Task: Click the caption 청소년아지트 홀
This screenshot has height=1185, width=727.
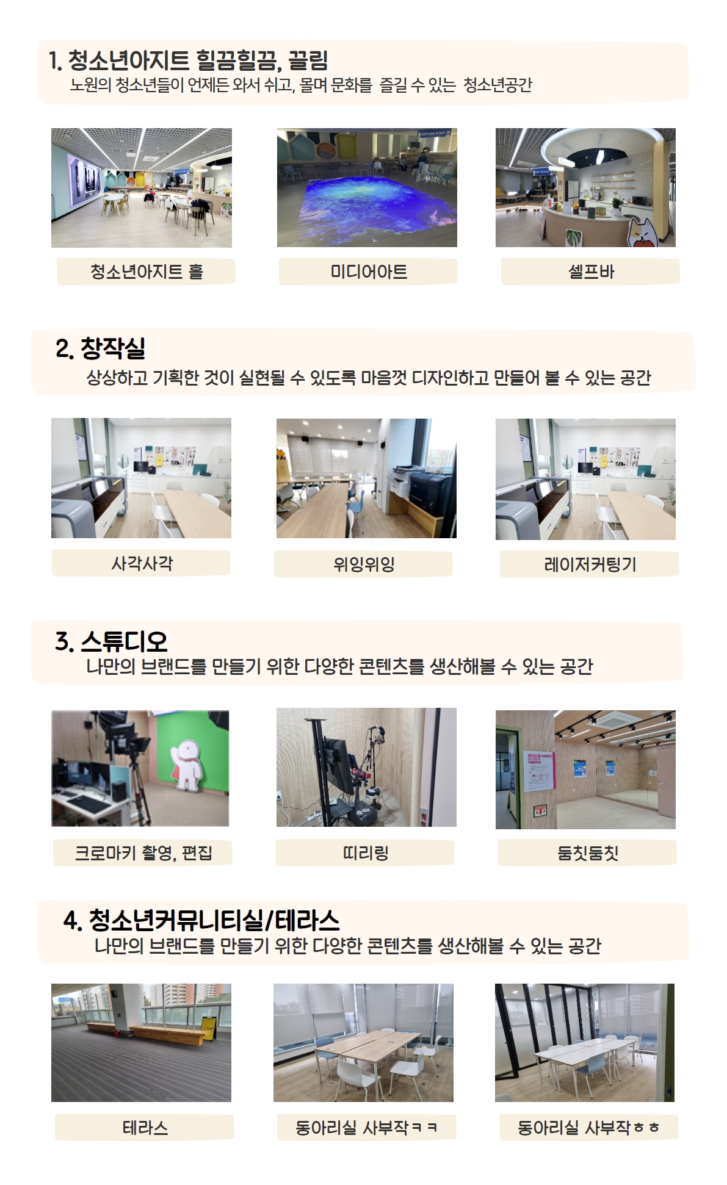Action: click(x=146, y=272)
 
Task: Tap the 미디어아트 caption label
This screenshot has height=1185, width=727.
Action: click(x=369, y=272)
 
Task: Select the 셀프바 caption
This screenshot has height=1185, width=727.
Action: click(x=591, y=272)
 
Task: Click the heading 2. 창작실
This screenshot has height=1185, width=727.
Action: click(x=101, y=348)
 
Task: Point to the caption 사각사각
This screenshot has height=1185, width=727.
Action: click(x=142, y=563)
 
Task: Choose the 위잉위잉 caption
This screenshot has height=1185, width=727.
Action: click(x=364, y=564)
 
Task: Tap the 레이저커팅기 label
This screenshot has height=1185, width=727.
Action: click(x=590, y=564)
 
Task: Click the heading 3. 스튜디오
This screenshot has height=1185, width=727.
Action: click(x=111, y=641)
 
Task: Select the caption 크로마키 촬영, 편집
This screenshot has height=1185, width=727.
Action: click(x=143, y=852)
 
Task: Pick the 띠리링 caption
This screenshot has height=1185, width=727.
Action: click(x=366, y=852)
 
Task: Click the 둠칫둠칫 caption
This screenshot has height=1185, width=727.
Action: click(x=588, y=852)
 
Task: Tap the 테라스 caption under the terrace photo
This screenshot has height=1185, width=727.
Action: click(x=145, y=1127)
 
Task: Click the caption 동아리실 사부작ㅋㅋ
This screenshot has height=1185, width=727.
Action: click(x=366, y=1127)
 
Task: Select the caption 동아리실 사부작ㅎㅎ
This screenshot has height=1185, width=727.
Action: click(x=588, y=1127)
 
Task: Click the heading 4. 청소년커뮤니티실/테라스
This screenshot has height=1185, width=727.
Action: click(x=201, y=920)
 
